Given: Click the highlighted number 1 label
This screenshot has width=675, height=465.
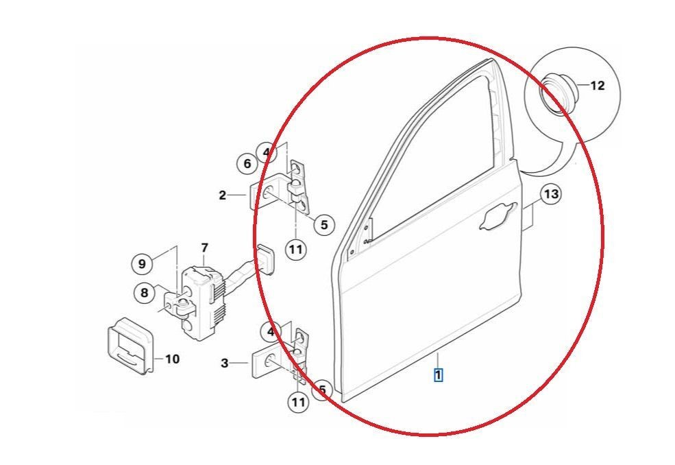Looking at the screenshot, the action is pyautogui.click(x=438, y=374).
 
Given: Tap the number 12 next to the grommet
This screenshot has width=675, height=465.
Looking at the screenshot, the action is pyautogui.click(x=597, y=86).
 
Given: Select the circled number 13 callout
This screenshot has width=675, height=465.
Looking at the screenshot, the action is pyautogui.click(x=551, y=194).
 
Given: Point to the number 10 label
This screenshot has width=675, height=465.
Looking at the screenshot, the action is pyautogui.click(x=172, y=359).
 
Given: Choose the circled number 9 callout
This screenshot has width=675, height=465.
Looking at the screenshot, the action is pyautogui.click(x=142, y=263).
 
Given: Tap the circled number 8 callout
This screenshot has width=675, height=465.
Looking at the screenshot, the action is pyautogui.click(x=144, y=293).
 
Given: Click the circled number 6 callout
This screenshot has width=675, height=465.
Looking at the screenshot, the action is pyautogui.click(x=247, y=164).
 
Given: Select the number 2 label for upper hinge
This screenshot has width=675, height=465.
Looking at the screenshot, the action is pyautogui.click(x=222, y=195).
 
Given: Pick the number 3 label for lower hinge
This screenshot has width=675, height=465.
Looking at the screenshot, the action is pyautogui.click(x=224, y=363).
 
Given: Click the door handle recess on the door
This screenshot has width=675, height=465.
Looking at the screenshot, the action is pyautogui.click(x=498, y=216).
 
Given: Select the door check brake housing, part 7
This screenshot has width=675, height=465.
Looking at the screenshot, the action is pyautogui.click(x=201, y=302).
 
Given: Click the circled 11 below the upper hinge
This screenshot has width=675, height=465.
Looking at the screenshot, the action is pyautogui.click(x=296, y=249).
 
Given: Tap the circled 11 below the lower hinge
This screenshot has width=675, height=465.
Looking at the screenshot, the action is pyautogui.click(x=298, y=402).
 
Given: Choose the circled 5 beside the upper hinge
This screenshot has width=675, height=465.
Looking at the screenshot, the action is pyautogui.click(x=323, y=224).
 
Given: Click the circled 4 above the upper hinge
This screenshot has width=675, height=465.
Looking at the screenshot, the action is pyautogui.click(x=267, y=152).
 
